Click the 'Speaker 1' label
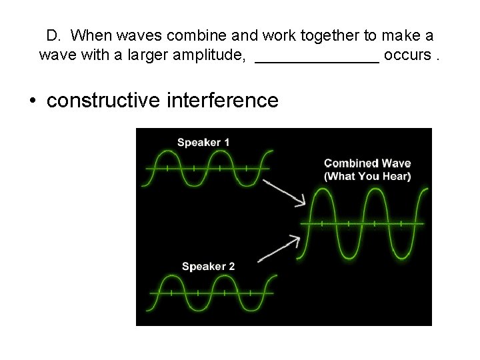click(203, 142)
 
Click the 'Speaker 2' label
click(208, 267)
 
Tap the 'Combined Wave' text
click(367, 163)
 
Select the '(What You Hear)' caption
click(367, 176)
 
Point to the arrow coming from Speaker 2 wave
click(277, 247)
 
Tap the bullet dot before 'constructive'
click(32, 101)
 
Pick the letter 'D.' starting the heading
click(54, 34)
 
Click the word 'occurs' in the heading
click(407, 55)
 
